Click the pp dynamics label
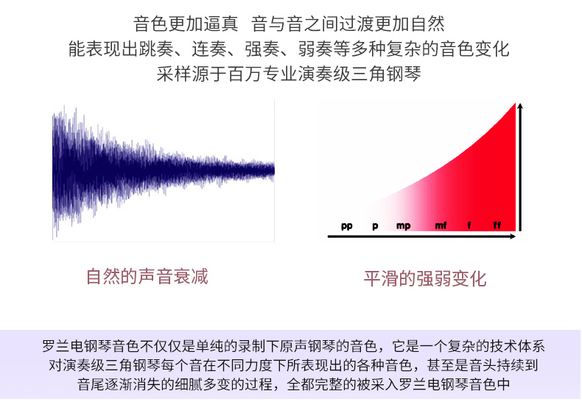[347, 226]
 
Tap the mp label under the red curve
[404, 226]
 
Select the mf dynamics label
[441, 225]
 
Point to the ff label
[497, 225]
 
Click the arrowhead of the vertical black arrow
[520, 107]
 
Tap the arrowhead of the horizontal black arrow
[513, 236]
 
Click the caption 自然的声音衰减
[147, 276]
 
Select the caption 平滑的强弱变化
[425, 278]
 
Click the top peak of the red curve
[515, 104]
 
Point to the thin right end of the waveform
[273, 170]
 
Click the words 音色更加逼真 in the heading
[186, 24]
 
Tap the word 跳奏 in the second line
[156, 49]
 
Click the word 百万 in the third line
[245, 74]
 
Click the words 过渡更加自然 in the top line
[392, 24]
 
